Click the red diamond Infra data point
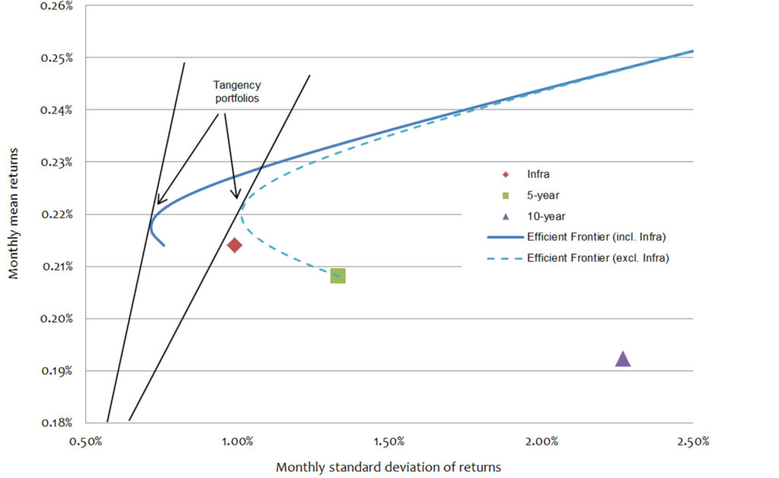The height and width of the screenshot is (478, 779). pyautogui.click(x=234, y=245)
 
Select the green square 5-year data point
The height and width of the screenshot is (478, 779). pyautogui.click(x=338, y=276)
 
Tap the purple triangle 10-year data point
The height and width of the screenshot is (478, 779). pyautogui.click(x=623, y=359)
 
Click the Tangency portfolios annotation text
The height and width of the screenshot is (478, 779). pyautogui.click(x=235, y=93)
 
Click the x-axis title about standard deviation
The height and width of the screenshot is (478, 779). pyautogui.click(x=389, y=465)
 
